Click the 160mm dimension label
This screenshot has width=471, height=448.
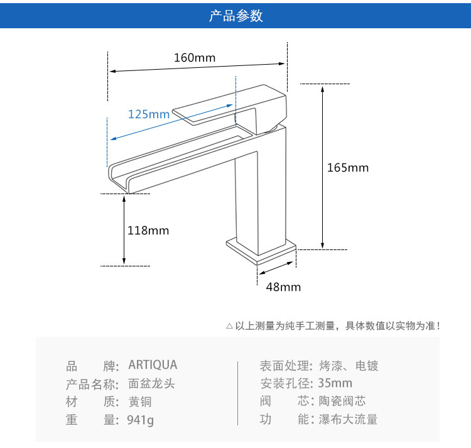click(x=195, y=58)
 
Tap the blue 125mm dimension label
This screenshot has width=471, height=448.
click(x=149, y=114)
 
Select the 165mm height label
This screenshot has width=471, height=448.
click(x=348, y=168)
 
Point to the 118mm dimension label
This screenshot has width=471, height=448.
click(x=148, y=231)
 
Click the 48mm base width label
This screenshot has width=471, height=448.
click(x=283, y=287)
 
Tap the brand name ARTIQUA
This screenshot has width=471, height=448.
click(x=153, y=365)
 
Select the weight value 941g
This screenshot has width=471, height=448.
click(x=141, y=419)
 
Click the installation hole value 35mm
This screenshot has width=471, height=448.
click(x=335, y=383)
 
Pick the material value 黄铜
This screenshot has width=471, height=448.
click(x=140, y=402)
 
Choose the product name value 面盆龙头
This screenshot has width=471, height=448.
click(x=151, y=383)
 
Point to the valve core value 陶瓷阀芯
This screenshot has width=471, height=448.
click(x=342, y=401)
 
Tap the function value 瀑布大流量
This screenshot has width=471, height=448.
click(x=349, y=419)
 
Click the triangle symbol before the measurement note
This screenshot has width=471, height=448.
click(x=229, y=326)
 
